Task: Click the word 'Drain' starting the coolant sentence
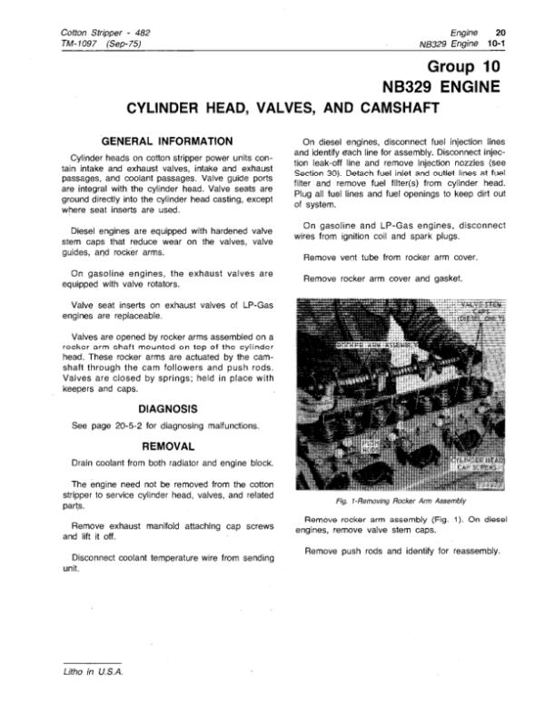82,463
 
